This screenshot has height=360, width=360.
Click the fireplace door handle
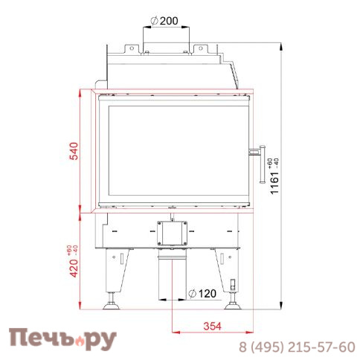263,162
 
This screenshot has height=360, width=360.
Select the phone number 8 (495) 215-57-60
296,347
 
